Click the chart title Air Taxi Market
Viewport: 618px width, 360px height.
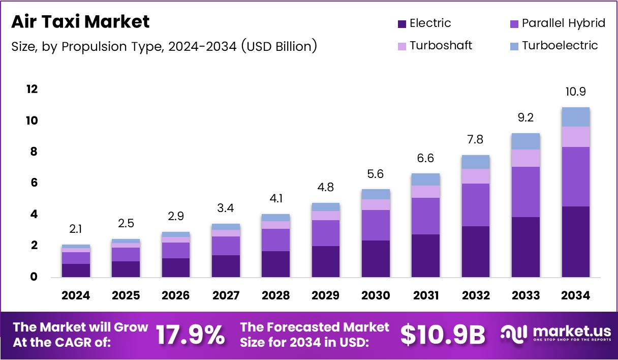click(80, 22)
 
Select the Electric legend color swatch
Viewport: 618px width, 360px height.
click(401, 23)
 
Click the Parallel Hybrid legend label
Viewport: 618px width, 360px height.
click(564, 23)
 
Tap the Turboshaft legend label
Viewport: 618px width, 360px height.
click(441, 46)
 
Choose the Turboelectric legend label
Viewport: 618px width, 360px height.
click(560, 46)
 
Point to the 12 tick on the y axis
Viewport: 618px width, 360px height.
click(32, 89)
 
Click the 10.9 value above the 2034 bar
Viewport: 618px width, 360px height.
click(575, 92)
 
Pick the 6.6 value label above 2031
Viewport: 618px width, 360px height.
click(425, 159)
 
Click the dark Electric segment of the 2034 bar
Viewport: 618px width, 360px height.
click(575, 242)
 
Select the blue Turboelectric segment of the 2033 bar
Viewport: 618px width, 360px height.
click(526, 141)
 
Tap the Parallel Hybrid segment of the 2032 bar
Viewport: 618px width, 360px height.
click(475, 205)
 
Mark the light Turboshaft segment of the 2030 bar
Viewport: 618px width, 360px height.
click(376, 204)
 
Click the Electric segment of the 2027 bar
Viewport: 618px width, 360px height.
click(226, 266)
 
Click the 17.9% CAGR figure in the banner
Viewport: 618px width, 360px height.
click(190, 335)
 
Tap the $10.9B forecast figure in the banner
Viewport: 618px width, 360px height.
click(442, 335)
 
